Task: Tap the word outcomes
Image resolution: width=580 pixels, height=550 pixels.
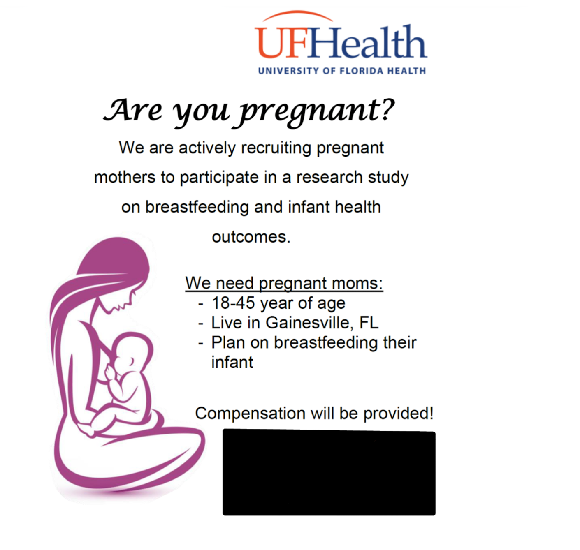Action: [x=251, y=237]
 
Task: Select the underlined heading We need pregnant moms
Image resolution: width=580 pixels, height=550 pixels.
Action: [x=284, y=283]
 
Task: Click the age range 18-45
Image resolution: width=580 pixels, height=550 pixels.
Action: [x=233, y=303]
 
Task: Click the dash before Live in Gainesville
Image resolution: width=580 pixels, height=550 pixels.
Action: [x=201, y=324]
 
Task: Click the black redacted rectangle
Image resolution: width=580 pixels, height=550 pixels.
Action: [x=329, y=472]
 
